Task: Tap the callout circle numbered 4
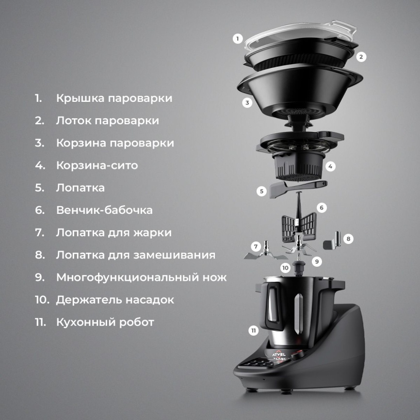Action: pos(330,166)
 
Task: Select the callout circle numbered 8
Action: pos(348,239)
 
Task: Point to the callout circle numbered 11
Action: pos(253,331)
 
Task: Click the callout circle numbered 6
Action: pos(322,208)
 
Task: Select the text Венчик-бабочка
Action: pos(104,210)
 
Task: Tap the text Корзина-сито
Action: pos(97,165)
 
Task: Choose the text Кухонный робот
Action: pos(105,322)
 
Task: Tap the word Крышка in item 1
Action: pos(80,98)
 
